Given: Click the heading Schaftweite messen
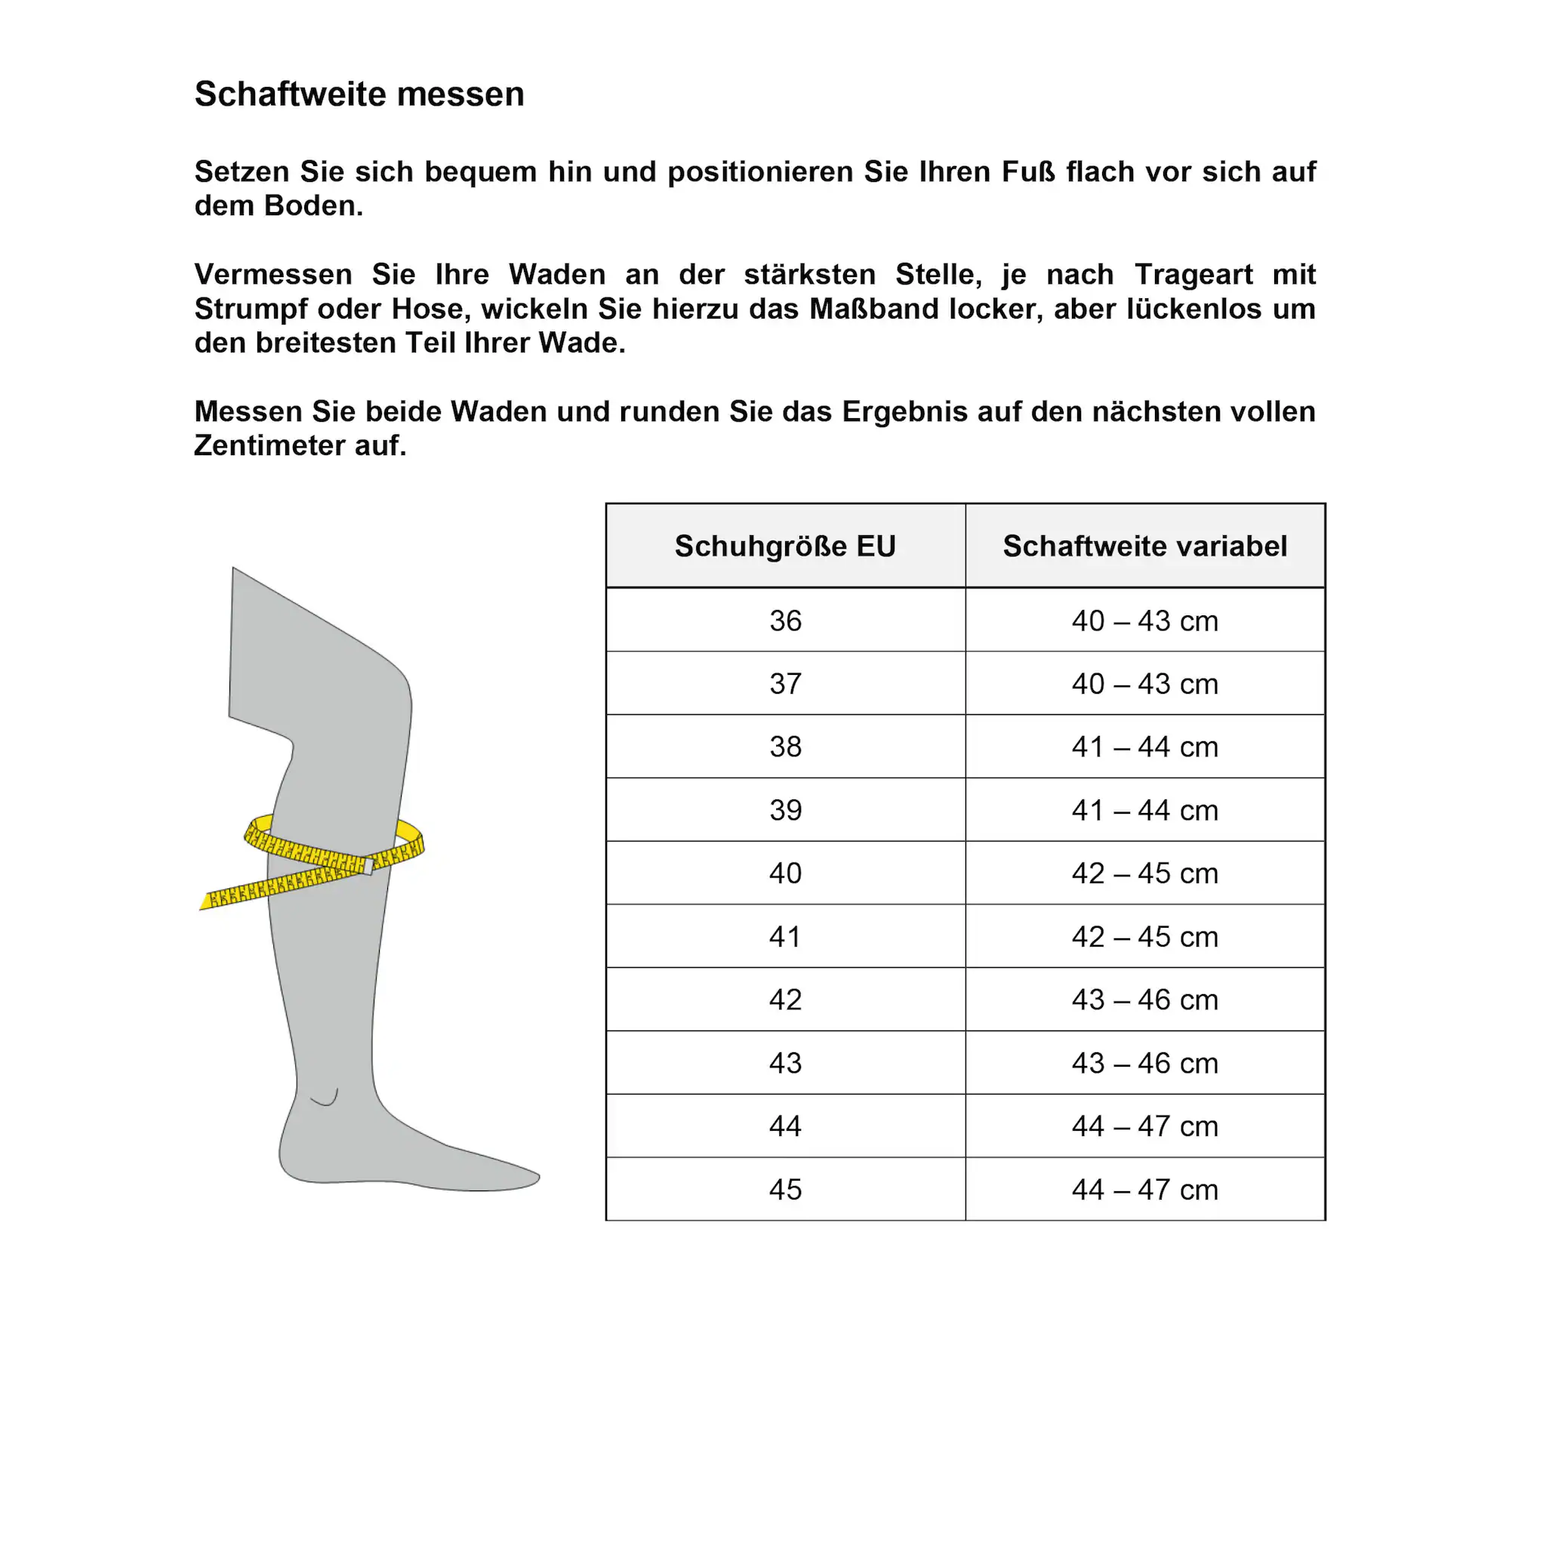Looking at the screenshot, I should (x=359, y=94).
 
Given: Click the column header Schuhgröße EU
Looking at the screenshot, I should (x=785, y=546).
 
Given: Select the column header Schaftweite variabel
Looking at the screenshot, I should (x=1144, y=546).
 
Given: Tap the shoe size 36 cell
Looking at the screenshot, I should (x=785, y=621).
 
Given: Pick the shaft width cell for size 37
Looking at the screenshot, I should (x=1144, y=684).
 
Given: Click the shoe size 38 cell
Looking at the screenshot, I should (x=785, y=747).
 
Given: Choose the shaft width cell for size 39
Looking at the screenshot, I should (x=1144, y=810).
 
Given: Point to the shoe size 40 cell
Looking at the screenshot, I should (x=785, y=873).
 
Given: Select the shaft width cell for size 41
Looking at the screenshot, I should (x=1144, y=936).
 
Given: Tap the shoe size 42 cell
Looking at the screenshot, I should (x=785, y=999).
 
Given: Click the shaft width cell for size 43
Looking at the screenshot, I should (x=1144, y=1063).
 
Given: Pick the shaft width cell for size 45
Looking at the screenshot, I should (x=1144, y=1189).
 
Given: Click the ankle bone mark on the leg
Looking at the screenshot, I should (x=325, y=1098).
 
